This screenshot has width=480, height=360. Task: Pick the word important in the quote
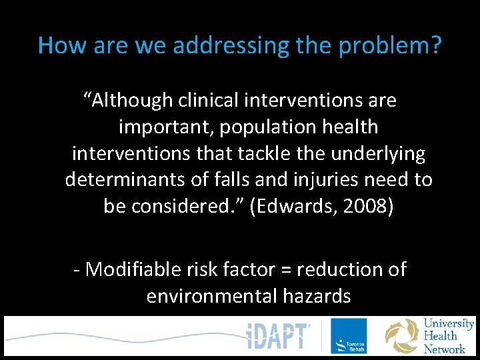pos(167,127)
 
